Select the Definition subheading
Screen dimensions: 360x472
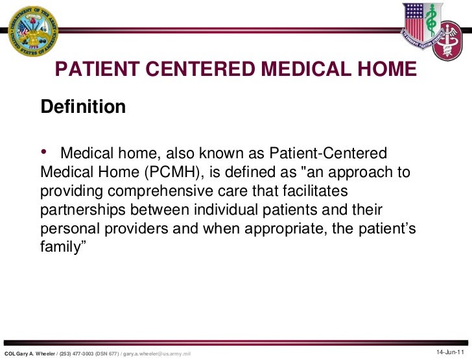pos(83,106)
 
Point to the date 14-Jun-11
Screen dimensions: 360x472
pos(450,352)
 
